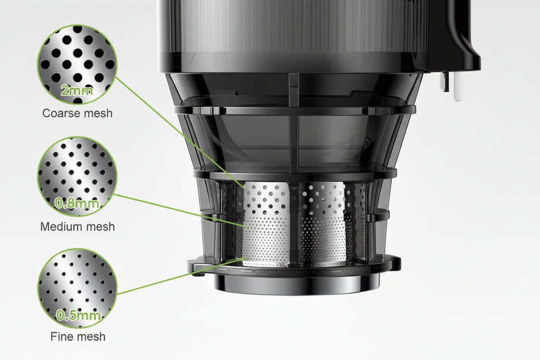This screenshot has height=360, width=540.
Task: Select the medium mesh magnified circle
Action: pos(77,174)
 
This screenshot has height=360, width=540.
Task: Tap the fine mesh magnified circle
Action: pos(77,287)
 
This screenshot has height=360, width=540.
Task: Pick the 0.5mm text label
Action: pos(78,316)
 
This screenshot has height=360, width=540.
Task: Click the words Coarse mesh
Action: pos(77,113)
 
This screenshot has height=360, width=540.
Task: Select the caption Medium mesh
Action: pos(77,227)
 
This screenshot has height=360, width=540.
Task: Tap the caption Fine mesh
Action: pos(78,336)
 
